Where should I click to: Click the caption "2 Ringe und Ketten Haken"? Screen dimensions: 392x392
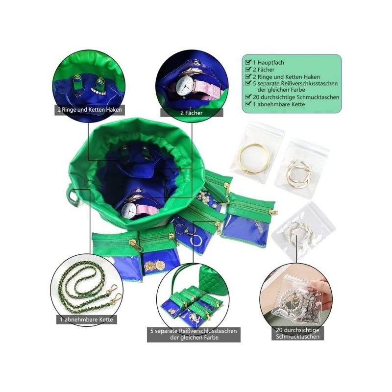pos(90,110)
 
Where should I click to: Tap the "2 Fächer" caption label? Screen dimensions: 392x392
pos(192,113)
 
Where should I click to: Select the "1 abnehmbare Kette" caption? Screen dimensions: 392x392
pos(87,319)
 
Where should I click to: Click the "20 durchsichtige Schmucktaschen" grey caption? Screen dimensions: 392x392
pos(297,333)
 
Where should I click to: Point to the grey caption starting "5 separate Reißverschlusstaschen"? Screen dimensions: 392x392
pos(194,335)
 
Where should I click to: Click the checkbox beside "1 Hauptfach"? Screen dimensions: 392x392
pos(248,62)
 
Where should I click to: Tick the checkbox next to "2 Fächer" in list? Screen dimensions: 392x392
pos(248,69)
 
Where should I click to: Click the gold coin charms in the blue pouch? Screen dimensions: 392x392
pos(153,266)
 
